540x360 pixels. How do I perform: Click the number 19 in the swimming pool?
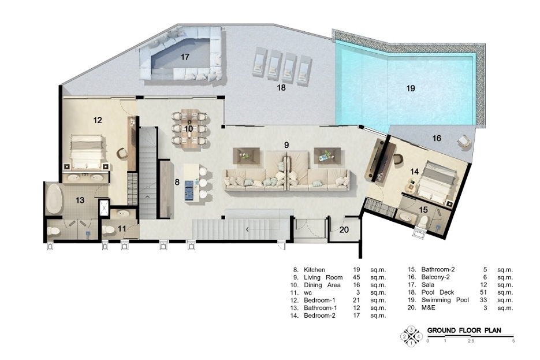(411, 88)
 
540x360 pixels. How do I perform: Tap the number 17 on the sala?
(185, 57)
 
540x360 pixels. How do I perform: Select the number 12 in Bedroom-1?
(98, 120)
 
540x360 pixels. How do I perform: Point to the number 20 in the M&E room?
(344, 229)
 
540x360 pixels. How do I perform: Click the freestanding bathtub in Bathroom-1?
(54, 199)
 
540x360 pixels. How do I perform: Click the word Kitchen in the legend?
(314, 270)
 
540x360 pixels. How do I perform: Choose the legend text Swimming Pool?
(445, 300)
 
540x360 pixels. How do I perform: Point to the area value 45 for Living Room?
(356, 277)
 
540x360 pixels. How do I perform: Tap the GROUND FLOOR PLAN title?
(464, 330)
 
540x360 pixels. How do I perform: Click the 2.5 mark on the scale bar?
(471, 341)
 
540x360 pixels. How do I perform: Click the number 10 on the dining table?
(188, 129)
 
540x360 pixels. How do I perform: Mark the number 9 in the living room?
(286, 145)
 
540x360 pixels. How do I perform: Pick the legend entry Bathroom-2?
(438, 269)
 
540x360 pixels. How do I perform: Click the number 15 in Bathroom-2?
(423, 209)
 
